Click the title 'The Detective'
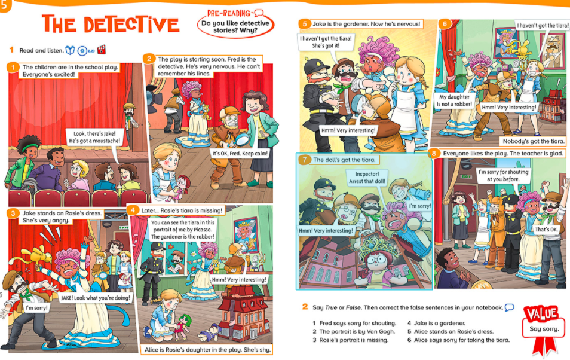tap(111, 25)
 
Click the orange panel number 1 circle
tap(13, 68)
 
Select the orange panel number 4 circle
tap(133, 210)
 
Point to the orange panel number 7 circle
tap(305, 160)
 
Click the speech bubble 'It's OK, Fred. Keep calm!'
tap(240, 154)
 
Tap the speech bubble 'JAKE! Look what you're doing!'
tap(95, 298)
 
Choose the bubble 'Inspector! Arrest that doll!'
tap(367, 178)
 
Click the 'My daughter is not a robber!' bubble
tap(454, 100)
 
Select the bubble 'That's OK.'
tap(546, 230)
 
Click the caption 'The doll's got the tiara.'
tap(344, 160)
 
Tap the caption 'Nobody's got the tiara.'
tap(534, 141)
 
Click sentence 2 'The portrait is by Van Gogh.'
tap(353, 332)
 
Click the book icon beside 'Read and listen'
tap(70, 50)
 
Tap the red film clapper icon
tap(102, 50)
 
